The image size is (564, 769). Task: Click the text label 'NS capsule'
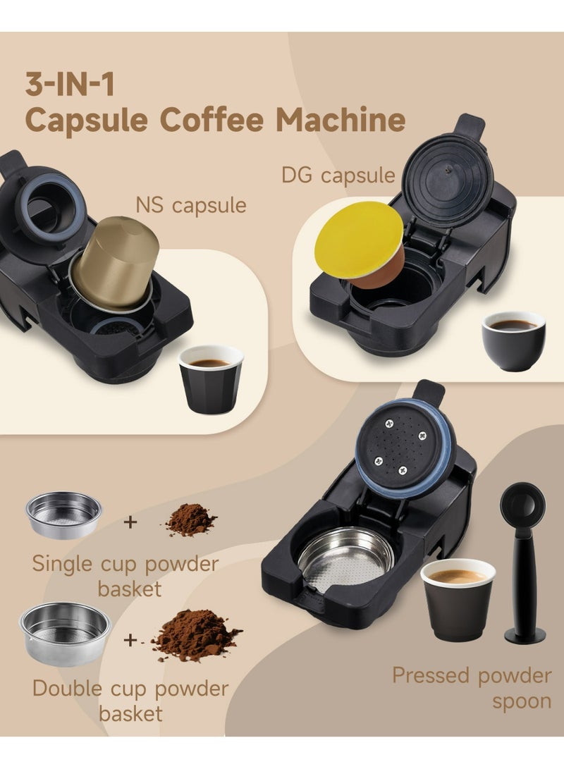191,205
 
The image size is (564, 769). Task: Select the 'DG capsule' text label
338,175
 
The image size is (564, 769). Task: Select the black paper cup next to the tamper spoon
458,599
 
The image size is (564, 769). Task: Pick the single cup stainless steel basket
63,515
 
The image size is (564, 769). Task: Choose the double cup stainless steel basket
65,633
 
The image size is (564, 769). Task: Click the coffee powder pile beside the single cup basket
190,520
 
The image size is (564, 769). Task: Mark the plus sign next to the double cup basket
130,641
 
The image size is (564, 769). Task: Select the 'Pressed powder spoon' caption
472,687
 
